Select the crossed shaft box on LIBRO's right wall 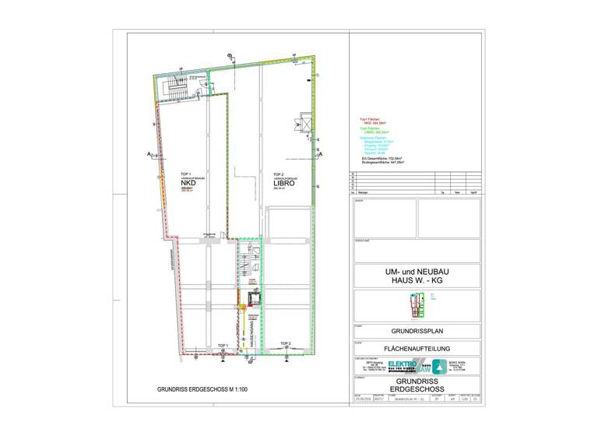point(301,124)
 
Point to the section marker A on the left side point(148,156)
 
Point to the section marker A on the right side point(320,156)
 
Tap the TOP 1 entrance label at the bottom point(222,344)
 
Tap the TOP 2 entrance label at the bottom point(286,343)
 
